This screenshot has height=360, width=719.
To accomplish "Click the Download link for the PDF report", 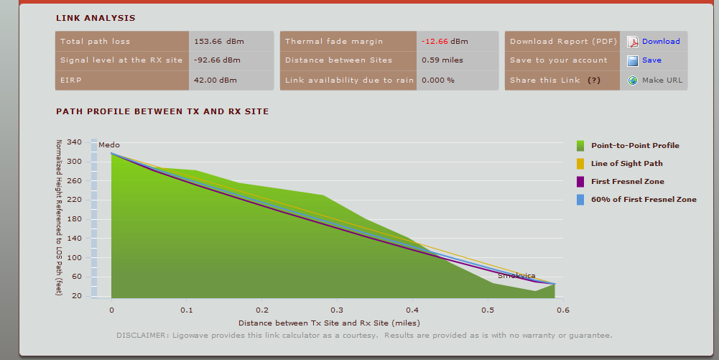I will coord(660,42).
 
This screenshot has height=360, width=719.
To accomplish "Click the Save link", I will coord(651,60).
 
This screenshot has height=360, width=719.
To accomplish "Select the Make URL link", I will coord(662,80).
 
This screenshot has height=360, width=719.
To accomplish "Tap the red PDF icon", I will coord(633,42).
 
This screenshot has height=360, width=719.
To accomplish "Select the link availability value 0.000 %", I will coord(437,80).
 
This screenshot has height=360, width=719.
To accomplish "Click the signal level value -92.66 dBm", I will coord(217,60).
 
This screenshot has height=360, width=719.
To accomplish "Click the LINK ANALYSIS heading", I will coord(96,18).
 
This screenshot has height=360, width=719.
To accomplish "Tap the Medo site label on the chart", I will coord(109,145).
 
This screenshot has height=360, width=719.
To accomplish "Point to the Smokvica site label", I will coord(516,275).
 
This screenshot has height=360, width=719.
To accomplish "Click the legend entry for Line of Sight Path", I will coord(626,164).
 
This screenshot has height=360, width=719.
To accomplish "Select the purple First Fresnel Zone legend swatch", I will coord(580,182).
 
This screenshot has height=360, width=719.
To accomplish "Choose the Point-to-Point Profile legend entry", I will coord(634,146).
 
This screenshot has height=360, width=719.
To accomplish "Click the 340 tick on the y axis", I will coord(74,142).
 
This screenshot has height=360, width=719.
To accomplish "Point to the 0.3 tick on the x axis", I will coord(337,310).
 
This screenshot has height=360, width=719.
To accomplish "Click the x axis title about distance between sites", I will coord(329,323).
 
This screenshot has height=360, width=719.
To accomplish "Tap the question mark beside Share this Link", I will coord(593,80).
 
